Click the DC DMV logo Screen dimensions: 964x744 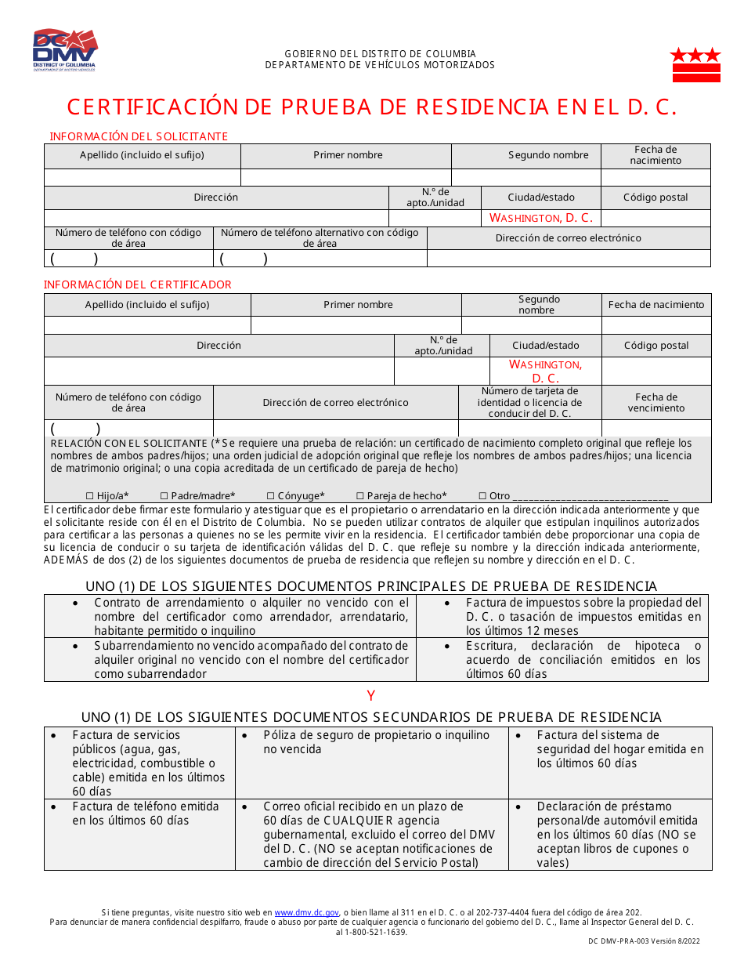[64, 50]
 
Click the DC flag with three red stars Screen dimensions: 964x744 [695, 64]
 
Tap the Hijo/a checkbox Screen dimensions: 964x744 [89, 496]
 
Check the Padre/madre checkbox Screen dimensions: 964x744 [164, 496]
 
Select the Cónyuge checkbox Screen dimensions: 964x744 [271, 496]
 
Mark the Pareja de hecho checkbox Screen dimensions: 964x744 [360, 496]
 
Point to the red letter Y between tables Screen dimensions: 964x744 [371, 696]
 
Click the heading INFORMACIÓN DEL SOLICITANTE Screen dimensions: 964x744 [139, 136]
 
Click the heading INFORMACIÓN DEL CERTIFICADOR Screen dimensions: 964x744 [138, 284]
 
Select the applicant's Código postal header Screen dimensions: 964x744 [656, 198]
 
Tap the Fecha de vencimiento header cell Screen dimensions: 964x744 [656, 403]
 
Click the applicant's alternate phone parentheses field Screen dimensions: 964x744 [243, 259]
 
